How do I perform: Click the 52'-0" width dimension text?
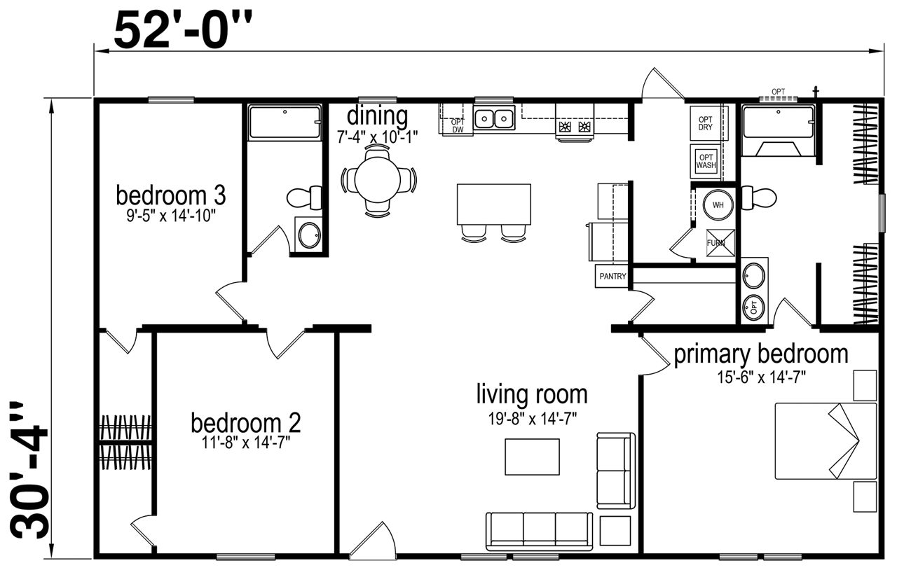point(183,30)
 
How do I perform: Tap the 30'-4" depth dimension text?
point(29,471)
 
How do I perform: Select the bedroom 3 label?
point(171,195)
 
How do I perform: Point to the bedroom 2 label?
point(245,423)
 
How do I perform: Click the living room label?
point(532,394)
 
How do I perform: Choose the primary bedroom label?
point(761,354)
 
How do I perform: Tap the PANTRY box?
point(612,276)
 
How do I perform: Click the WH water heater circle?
point(718,205)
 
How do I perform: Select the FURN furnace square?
point(720,242)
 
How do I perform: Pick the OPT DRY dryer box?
point(706,123)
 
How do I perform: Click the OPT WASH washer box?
point(706,161)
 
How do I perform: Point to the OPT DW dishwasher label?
point(458,125)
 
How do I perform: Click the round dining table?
point(377,180)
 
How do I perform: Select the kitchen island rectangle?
point(494,204)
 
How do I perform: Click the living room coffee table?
point(532,457)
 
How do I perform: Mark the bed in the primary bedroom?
point(826,441)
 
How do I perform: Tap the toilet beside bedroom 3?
point(305,197)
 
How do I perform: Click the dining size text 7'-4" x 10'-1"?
point(377,137)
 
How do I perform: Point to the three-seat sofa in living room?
point(540,531)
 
